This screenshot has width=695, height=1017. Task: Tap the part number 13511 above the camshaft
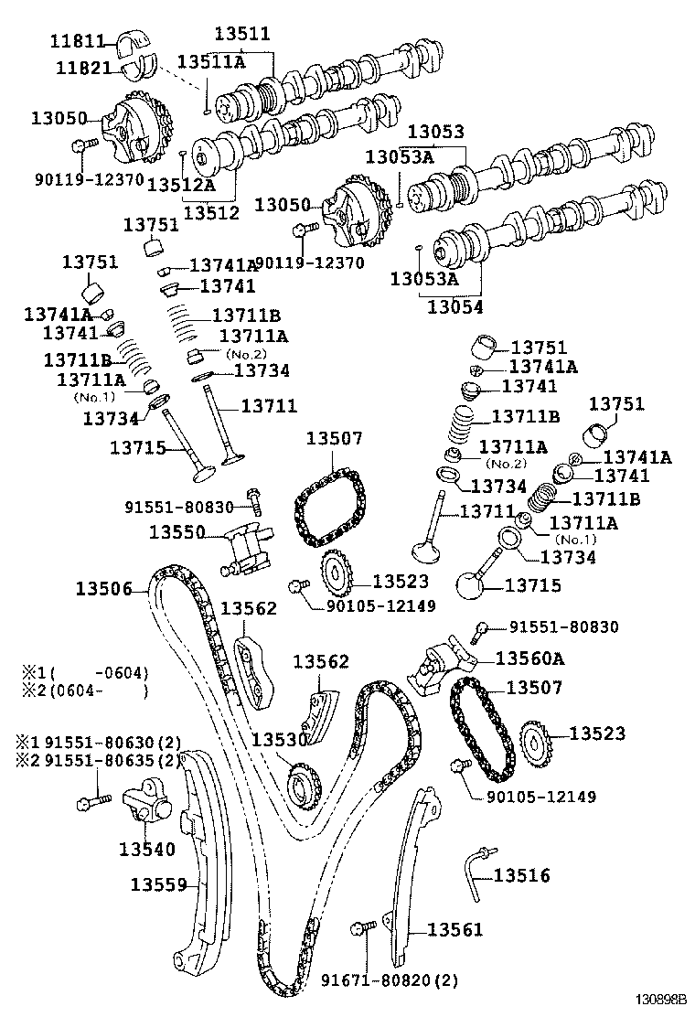coord(242,35)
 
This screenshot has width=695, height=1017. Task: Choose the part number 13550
coord(176,531)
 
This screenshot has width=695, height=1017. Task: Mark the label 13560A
coord(530,658)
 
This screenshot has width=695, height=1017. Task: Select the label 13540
coord(146,849)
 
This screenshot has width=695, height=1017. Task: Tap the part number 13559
coord(158,884)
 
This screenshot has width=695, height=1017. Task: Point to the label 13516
coord(522,876)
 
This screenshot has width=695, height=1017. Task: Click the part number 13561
coord(454,930)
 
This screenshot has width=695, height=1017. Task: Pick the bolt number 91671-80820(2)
coord(389,981)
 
